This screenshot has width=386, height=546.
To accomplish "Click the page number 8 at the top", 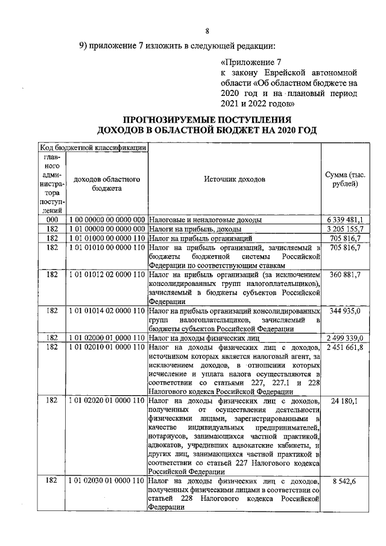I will point(207,31).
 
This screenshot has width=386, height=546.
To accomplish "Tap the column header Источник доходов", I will point(234,179).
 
